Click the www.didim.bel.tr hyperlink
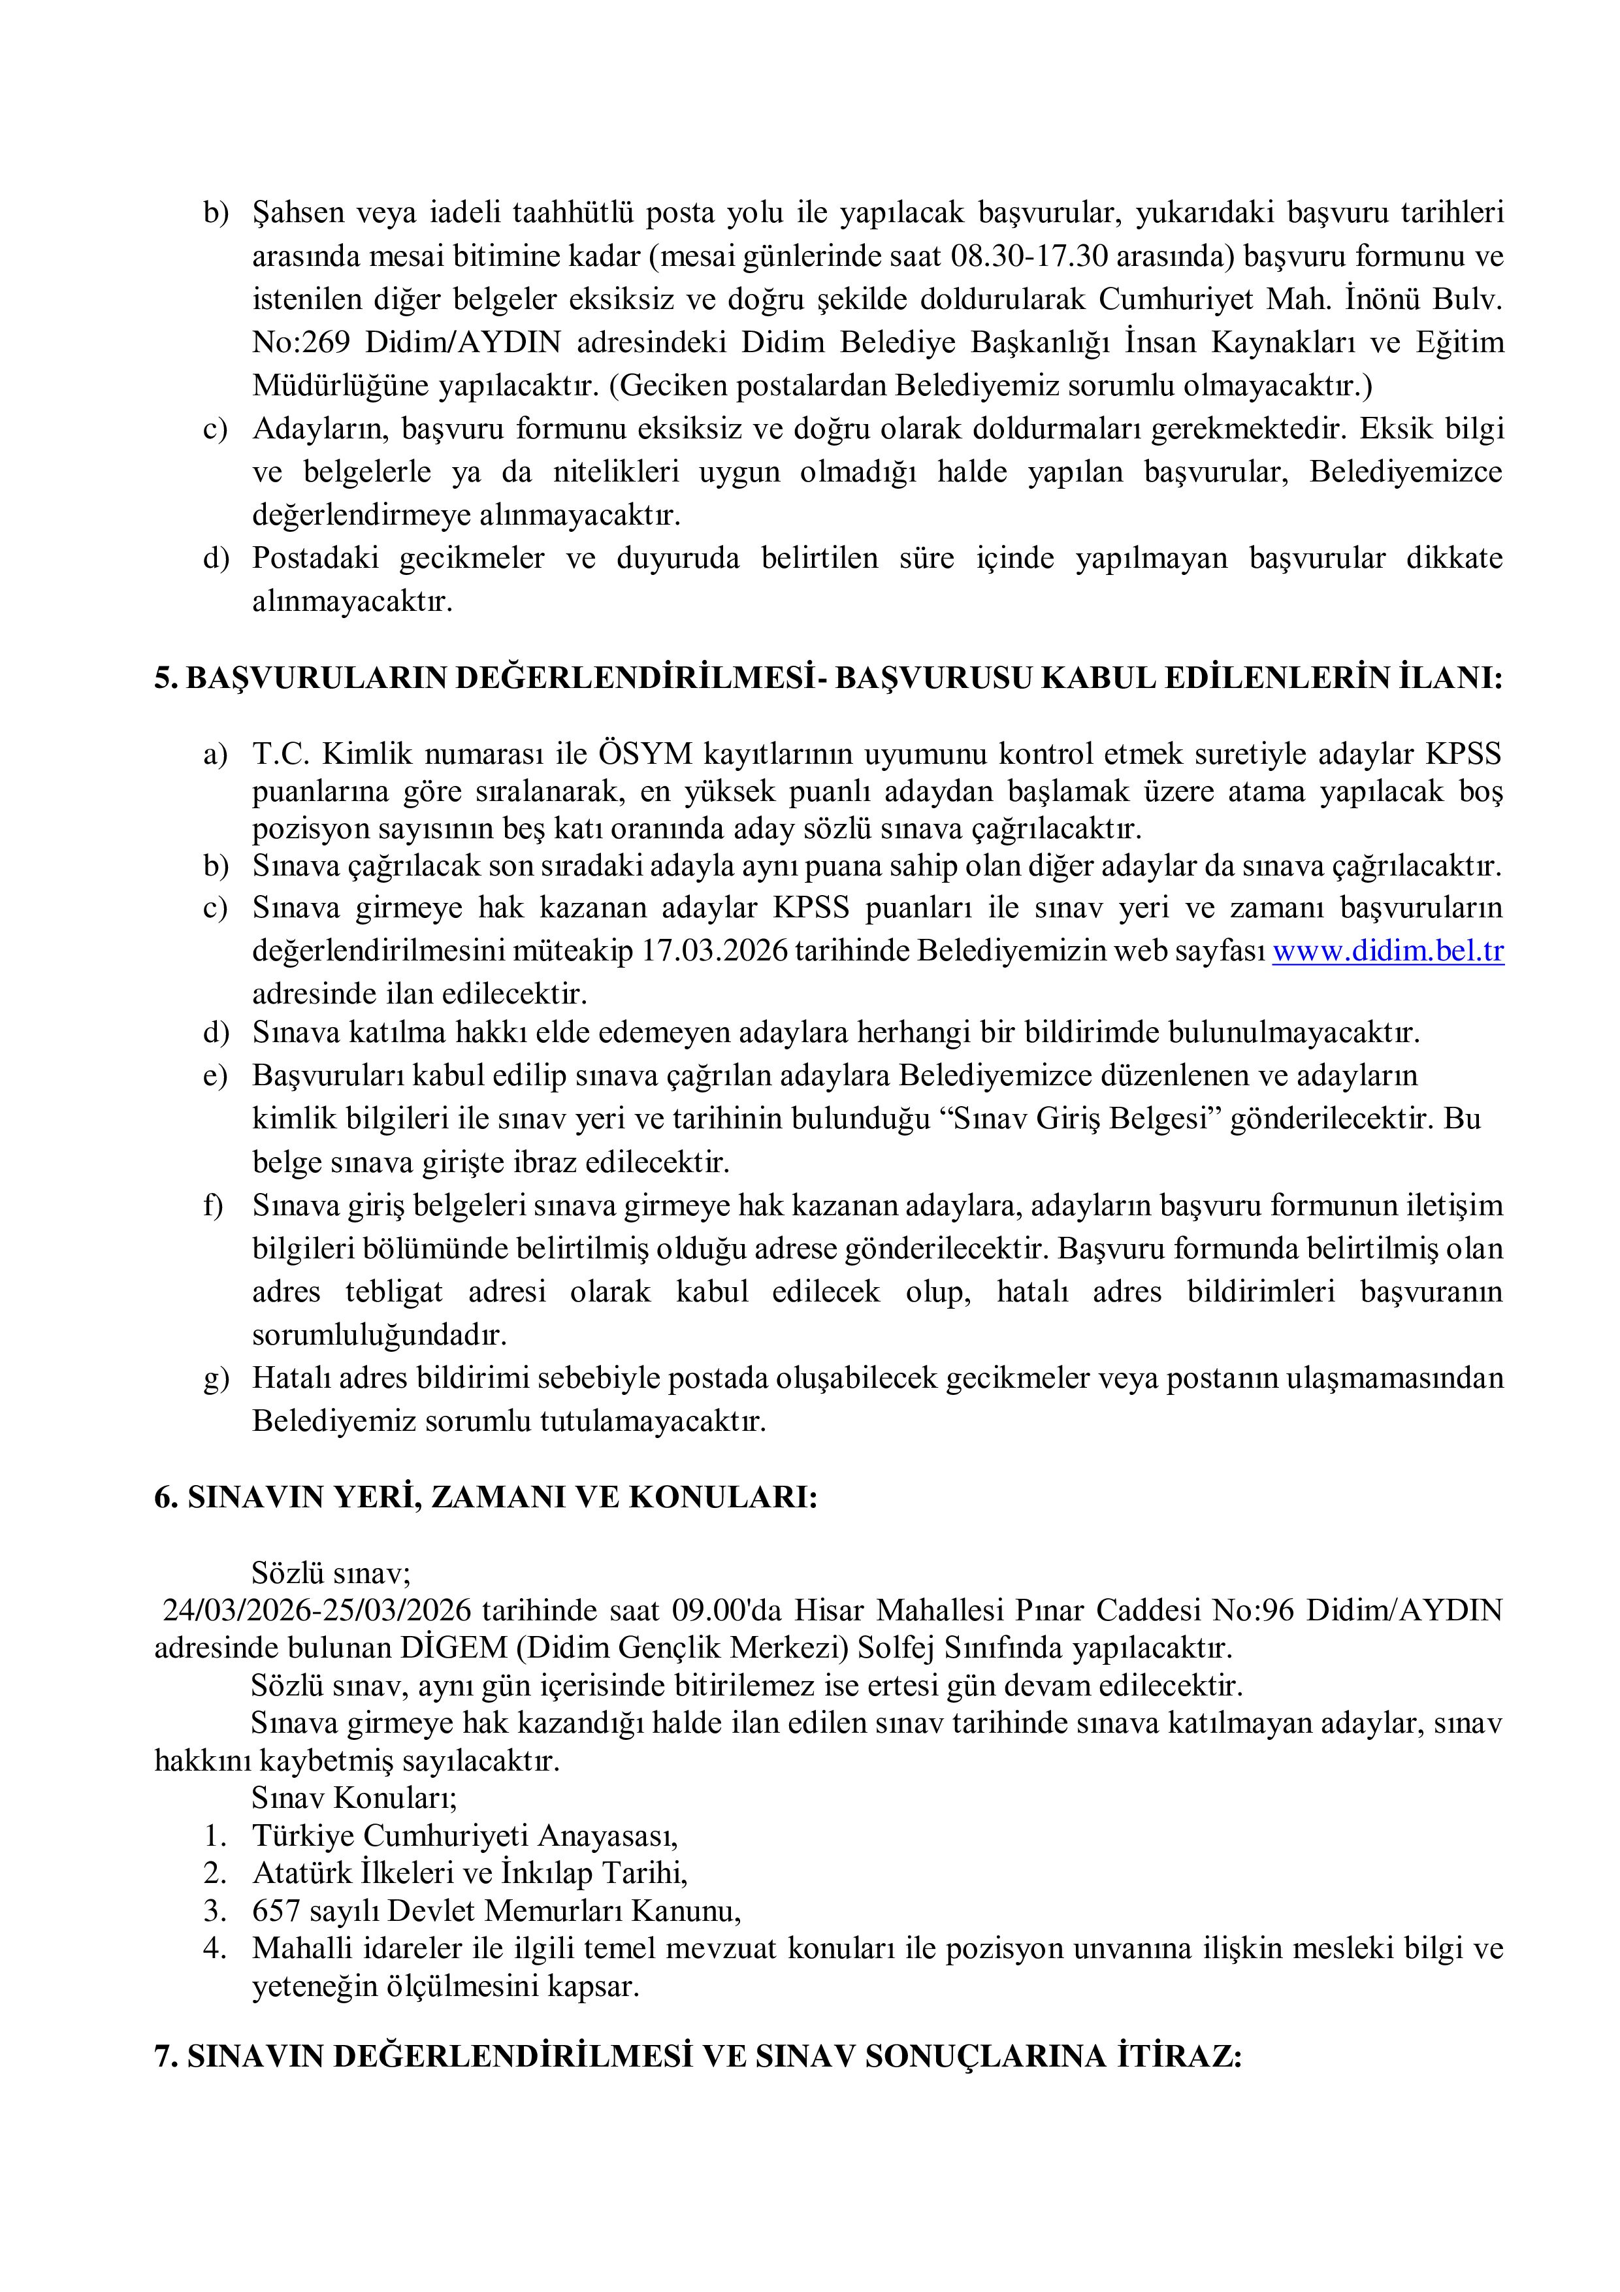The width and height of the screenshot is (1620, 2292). click(x=1387, y=951)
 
